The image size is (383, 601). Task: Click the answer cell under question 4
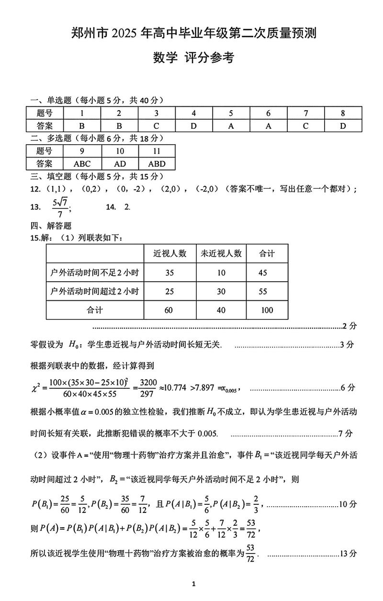point(193,126)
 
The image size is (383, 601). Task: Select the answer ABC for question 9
point(82,163)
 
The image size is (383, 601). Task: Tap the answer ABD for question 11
point(157,163)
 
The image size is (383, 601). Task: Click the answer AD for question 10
point(120,163)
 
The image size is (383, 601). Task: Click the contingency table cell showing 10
point(221,272)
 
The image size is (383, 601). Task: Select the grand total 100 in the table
point(267,310)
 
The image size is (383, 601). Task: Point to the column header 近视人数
point(169,253)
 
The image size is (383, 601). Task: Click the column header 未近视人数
point(221,253)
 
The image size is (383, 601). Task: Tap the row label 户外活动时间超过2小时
point(94,291)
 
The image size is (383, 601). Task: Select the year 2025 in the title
point(124,34)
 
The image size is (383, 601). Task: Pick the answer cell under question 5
point(231,126)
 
